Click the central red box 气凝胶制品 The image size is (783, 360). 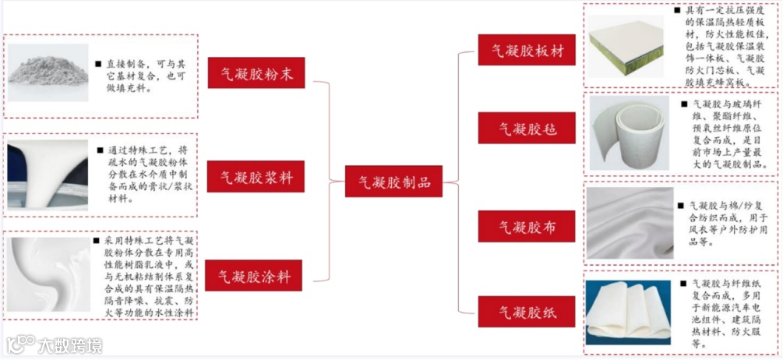point(393,183)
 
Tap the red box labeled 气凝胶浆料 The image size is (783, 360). point(255,177)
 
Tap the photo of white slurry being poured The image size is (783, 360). point(47,178)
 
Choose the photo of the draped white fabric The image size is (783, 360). point(629,223)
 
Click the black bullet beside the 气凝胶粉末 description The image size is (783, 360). point(97,63)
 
